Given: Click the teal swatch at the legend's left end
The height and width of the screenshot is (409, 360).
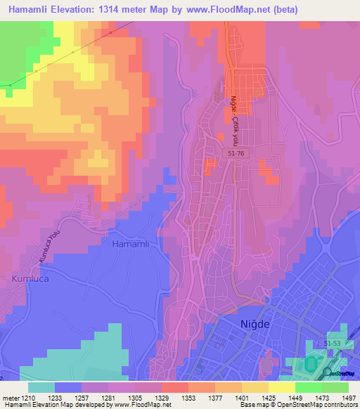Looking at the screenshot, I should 41,387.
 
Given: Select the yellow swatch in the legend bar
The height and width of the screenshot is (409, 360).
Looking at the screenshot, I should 282,387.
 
